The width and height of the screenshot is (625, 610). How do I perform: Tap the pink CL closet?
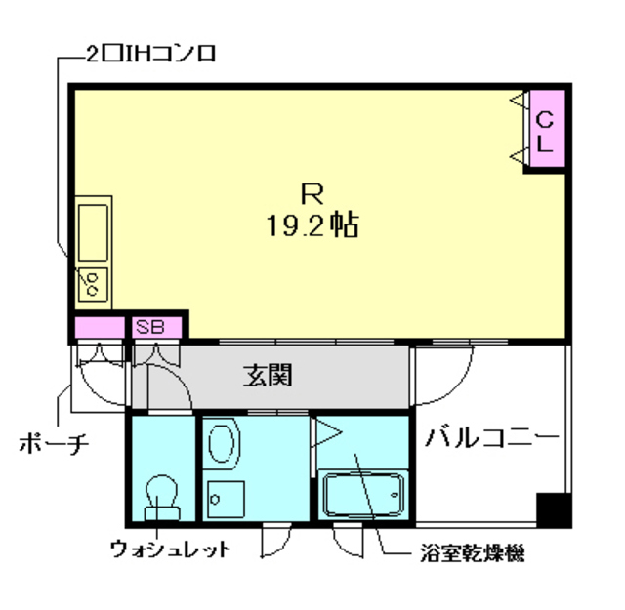[x=545, y=130]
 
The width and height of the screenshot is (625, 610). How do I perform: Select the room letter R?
[x=311, y=191]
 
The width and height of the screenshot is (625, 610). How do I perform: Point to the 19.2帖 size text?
[x=311, y=226]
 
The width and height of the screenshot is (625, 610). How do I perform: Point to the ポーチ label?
[x=54, y=444]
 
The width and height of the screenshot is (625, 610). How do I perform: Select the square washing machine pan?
[x=226, y=501]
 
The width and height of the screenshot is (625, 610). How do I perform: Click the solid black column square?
[x=554, y=508]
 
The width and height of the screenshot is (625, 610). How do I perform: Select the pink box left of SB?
[x=99, y=327]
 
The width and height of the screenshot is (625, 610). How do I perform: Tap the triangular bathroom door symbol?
[x=324, y=430]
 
